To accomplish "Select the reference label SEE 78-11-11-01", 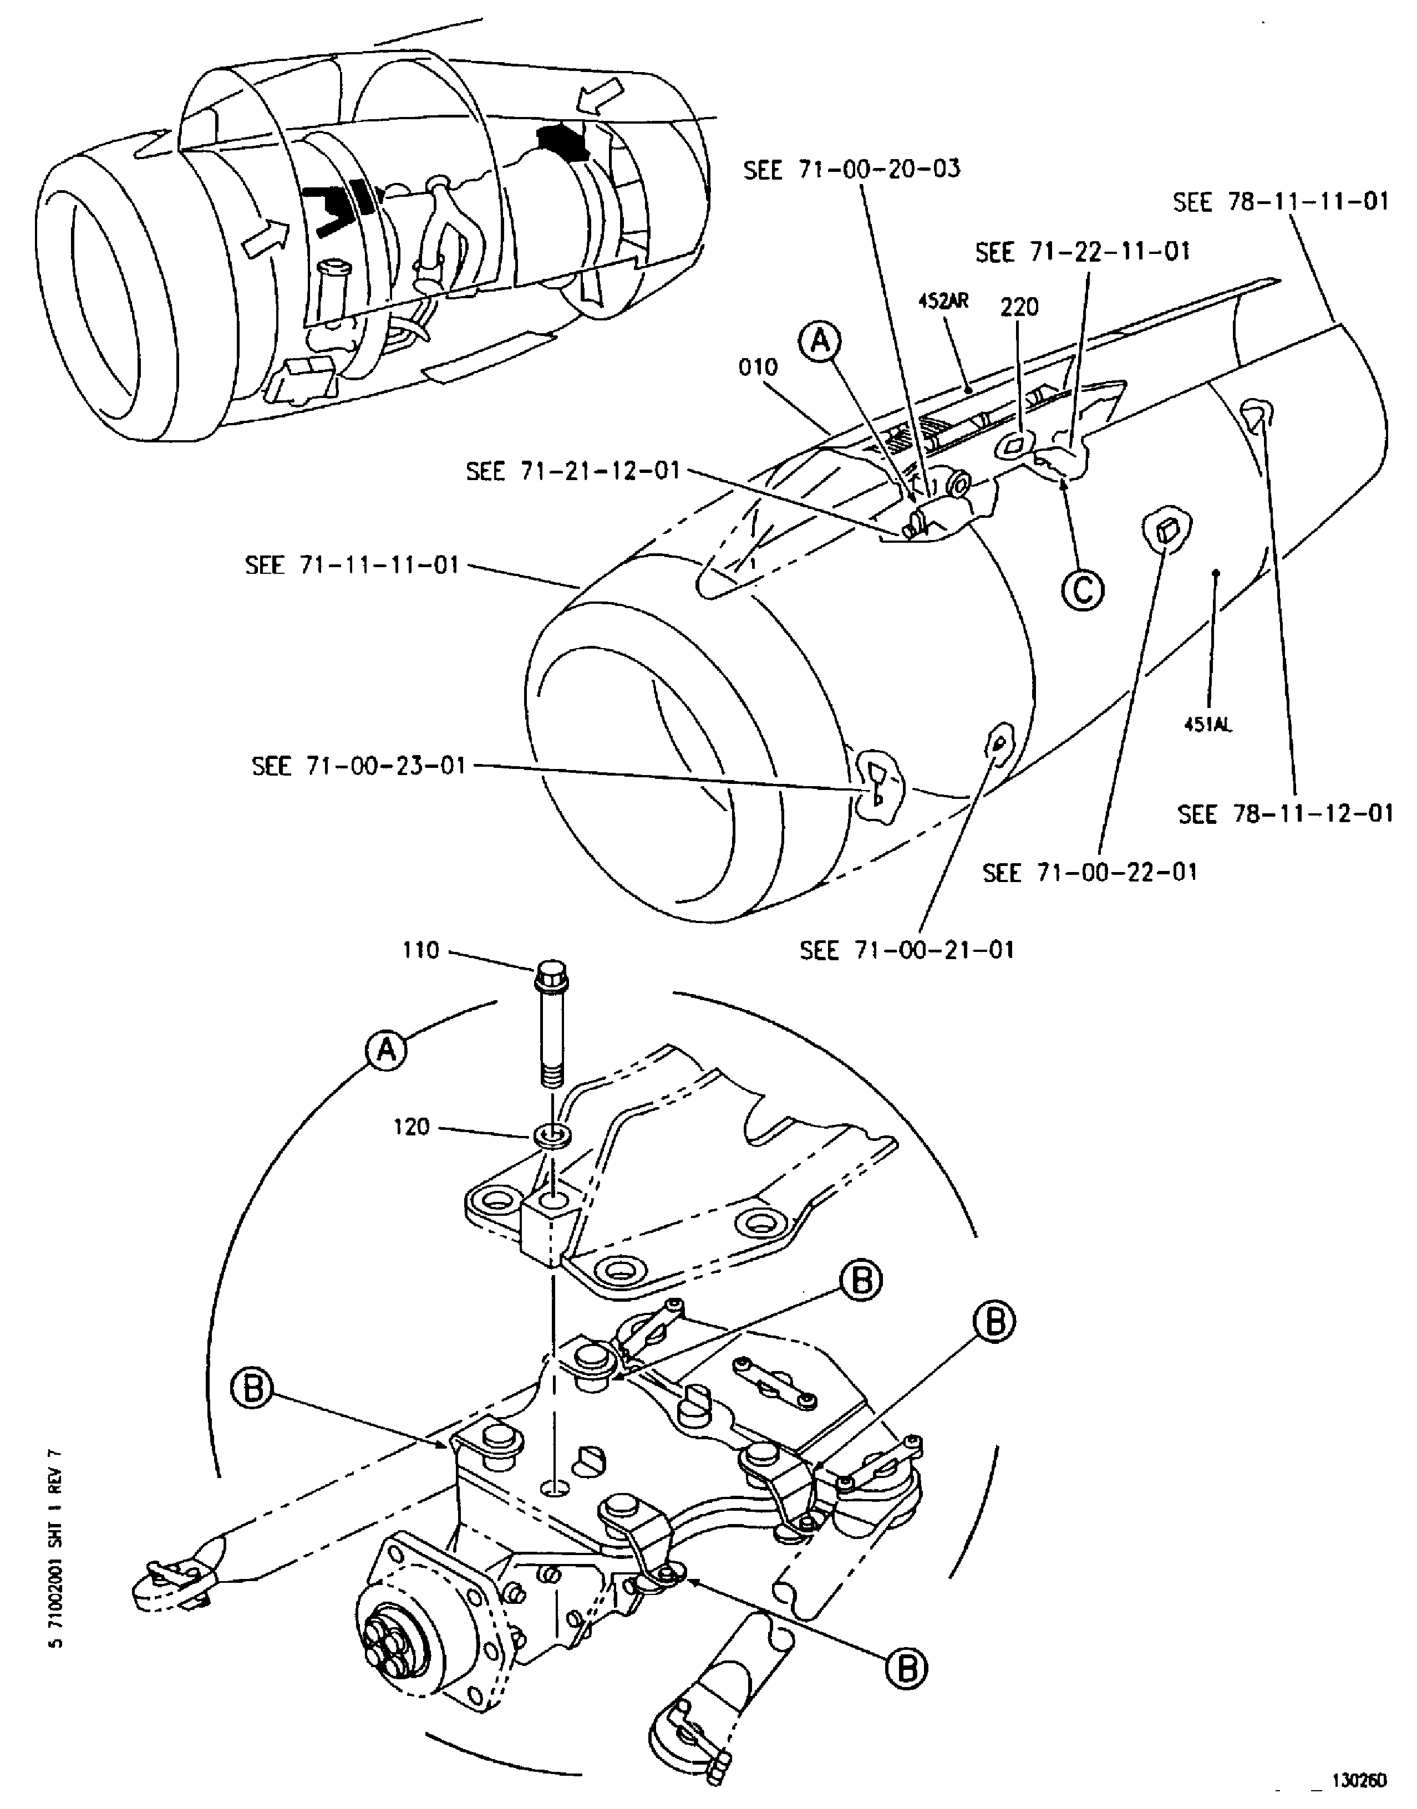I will click(x=1280, y=202).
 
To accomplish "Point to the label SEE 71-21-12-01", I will click(x=572, y=471).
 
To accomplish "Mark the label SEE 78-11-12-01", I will click(x=1285, y=814).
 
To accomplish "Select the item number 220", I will click(x=1019, y=307).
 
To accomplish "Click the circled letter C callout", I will click(x=1083, y=590).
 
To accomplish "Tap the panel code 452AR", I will click(x=943, y=300).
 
